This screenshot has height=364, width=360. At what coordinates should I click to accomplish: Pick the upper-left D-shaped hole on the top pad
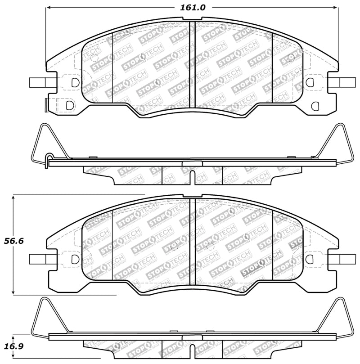click(75, 82)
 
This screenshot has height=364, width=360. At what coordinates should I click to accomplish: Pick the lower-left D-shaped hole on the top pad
click(69, 105)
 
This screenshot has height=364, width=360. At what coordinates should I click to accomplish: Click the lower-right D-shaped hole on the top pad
click(315, 105)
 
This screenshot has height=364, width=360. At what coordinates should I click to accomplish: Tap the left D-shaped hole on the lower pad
click(75, 259)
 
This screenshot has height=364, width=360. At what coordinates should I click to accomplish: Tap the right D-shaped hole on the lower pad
click(310, 259)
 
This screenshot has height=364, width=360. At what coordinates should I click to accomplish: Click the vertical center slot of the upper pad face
click(192, 64)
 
